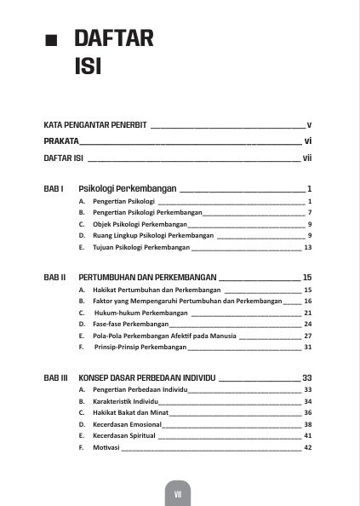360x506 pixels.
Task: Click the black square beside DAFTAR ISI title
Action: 51,41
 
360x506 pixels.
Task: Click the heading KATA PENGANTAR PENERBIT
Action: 95,124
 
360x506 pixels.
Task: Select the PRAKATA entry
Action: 62,141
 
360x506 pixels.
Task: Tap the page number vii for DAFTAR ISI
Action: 309,158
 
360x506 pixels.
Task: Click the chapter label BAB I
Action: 54,188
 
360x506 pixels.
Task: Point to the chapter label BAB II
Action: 54,278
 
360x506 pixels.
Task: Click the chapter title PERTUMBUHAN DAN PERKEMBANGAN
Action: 147,278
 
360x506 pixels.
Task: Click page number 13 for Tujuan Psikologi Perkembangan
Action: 308,247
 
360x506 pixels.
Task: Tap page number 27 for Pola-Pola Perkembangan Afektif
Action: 308,336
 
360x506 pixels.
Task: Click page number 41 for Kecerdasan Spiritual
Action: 308,436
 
